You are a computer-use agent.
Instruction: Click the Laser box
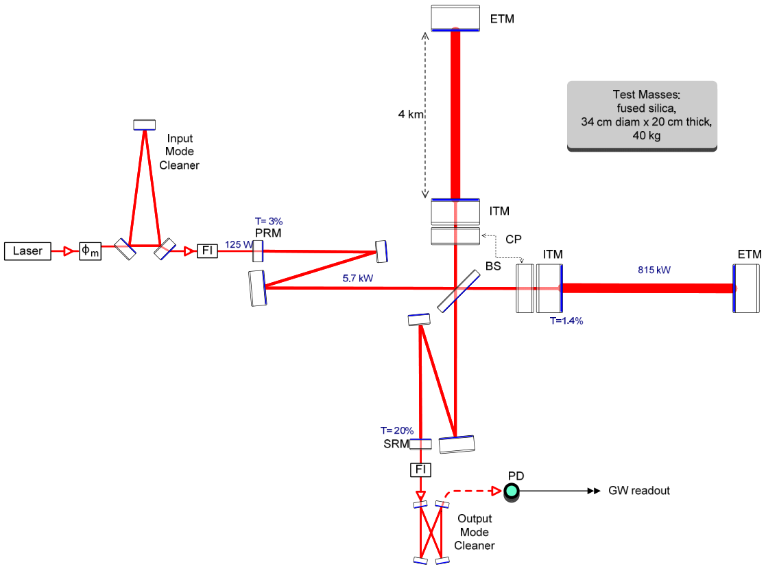(27, 251)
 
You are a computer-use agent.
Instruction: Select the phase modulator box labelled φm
(90, 251)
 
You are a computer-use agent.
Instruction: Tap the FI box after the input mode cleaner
(207, 251)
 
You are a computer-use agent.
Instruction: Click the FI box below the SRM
(420, 469)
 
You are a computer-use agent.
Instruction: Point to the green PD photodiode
(512, 491)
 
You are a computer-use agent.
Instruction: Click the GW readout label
(638, 491)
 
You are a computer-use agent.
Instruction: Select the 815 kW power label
(654, 270)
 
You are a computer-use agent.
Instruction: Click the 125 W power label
(237, 244)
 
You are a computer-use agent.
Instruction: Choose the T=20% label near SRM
(396, 430)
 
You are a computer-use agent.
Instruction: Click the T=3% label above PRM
(268, 221)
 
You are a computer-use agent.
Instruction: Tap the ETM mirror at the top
(455, 18)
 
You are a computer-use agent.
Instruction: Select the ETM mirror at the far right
(746, 288)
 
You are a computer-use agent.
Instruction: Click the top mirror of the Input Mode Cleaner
(145, 124)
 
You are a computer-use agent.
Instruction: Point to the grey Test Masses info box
(642, 115)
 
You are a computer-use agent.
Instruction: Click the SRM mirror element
(420, 444)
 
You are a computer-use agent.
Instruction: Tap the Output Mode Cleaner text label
(474, 532)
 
